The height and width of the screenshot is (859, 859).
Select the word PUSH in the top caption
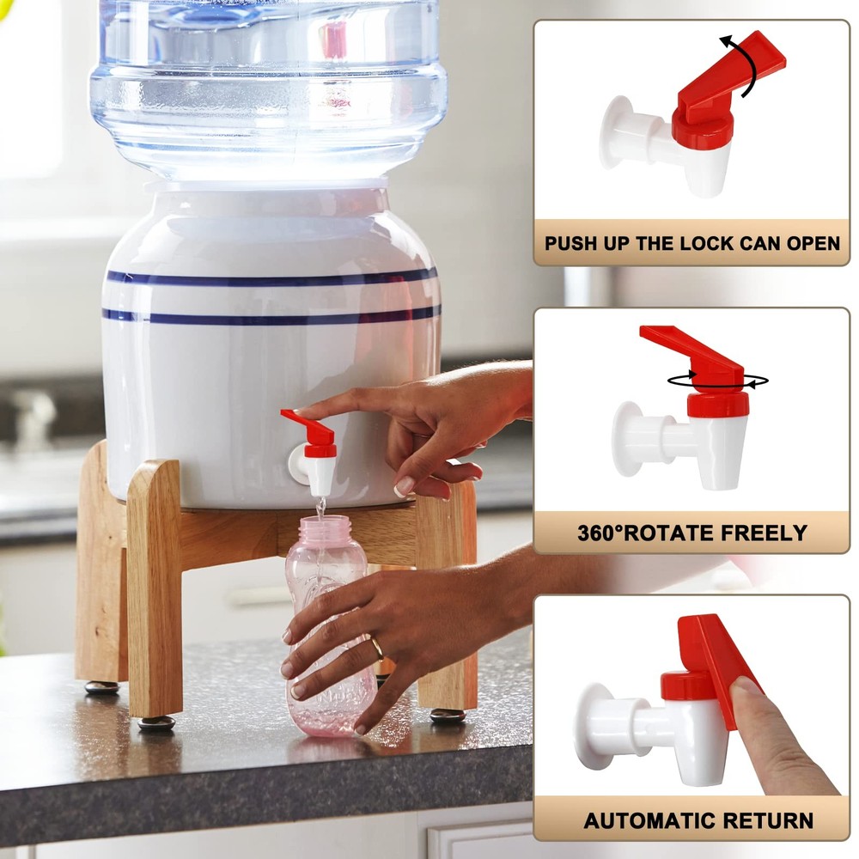pos(573,243)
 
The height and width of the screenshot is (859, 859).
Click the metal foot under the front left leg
pos(156,723)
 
